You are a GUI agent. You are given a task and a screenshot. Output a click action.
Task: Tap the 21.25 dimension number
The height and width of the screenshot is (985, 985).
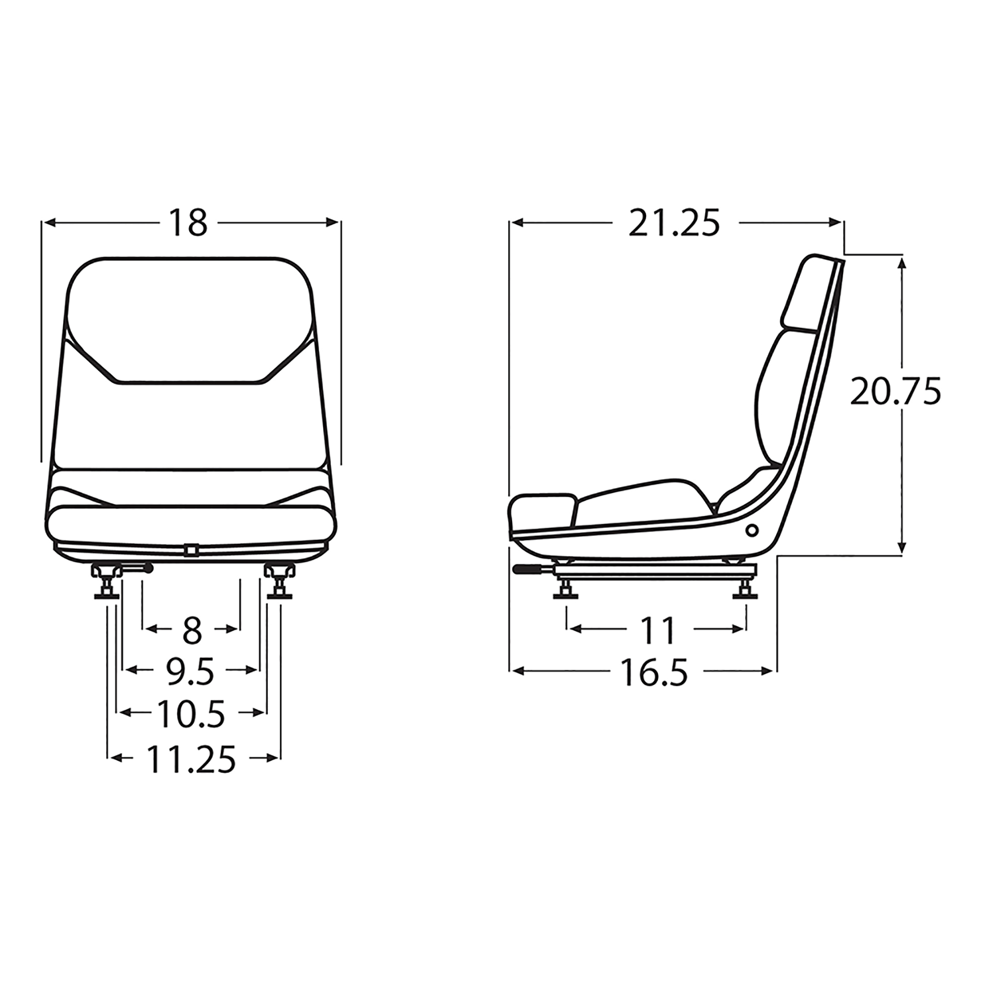[674, 223]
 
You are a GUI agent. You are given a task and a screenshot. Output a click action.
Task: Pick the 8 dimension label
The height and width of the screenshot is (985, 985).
[192, 631]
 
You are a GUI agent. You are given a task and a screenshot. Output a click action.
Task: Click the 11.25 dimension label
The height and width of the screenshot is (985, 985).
[191, 758]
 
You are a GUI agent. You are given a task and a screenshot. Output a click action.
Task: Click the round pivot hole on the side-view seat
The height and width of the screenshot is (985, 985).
[751, 531]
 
